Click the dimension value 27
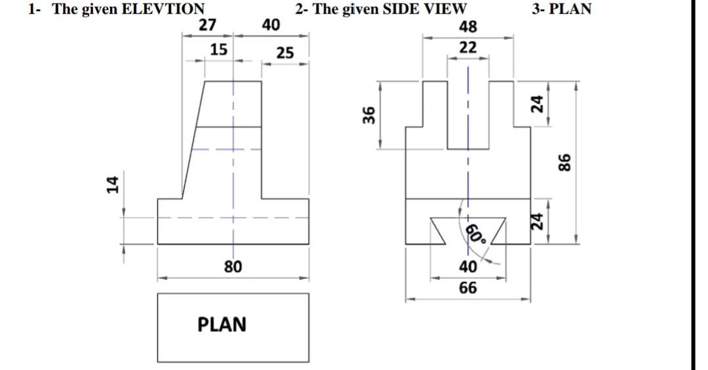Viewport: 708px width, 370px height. tap(208, 26)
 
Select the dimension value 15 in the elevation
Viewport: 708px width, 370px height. tap(219, 49)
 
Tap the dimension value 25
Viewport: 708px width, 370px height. tap(285, 52)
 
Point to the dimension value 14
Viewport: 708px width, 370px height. tap(112, 184)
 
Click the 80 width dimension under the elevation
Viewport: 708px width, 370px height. tap(233, 266)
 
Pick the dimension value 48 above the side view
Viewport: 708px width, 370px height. tap(468, 26)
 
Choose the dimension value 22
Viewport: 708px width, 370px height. tap(468, 47)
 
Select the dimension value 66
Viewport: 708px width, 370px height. tap(468, 287)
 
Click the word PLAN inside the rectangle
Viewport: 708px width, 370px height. tap(222, 325)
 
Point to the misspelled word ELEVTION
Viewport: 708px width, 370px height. tap(164, 9)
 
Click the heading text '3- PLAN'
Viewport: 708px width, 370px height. tap(562, 9)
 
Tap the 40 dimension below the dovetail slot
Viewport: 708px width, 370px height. tap(468, 267)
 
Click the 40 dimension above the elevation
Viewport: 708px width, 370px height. tap(270, 26)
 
